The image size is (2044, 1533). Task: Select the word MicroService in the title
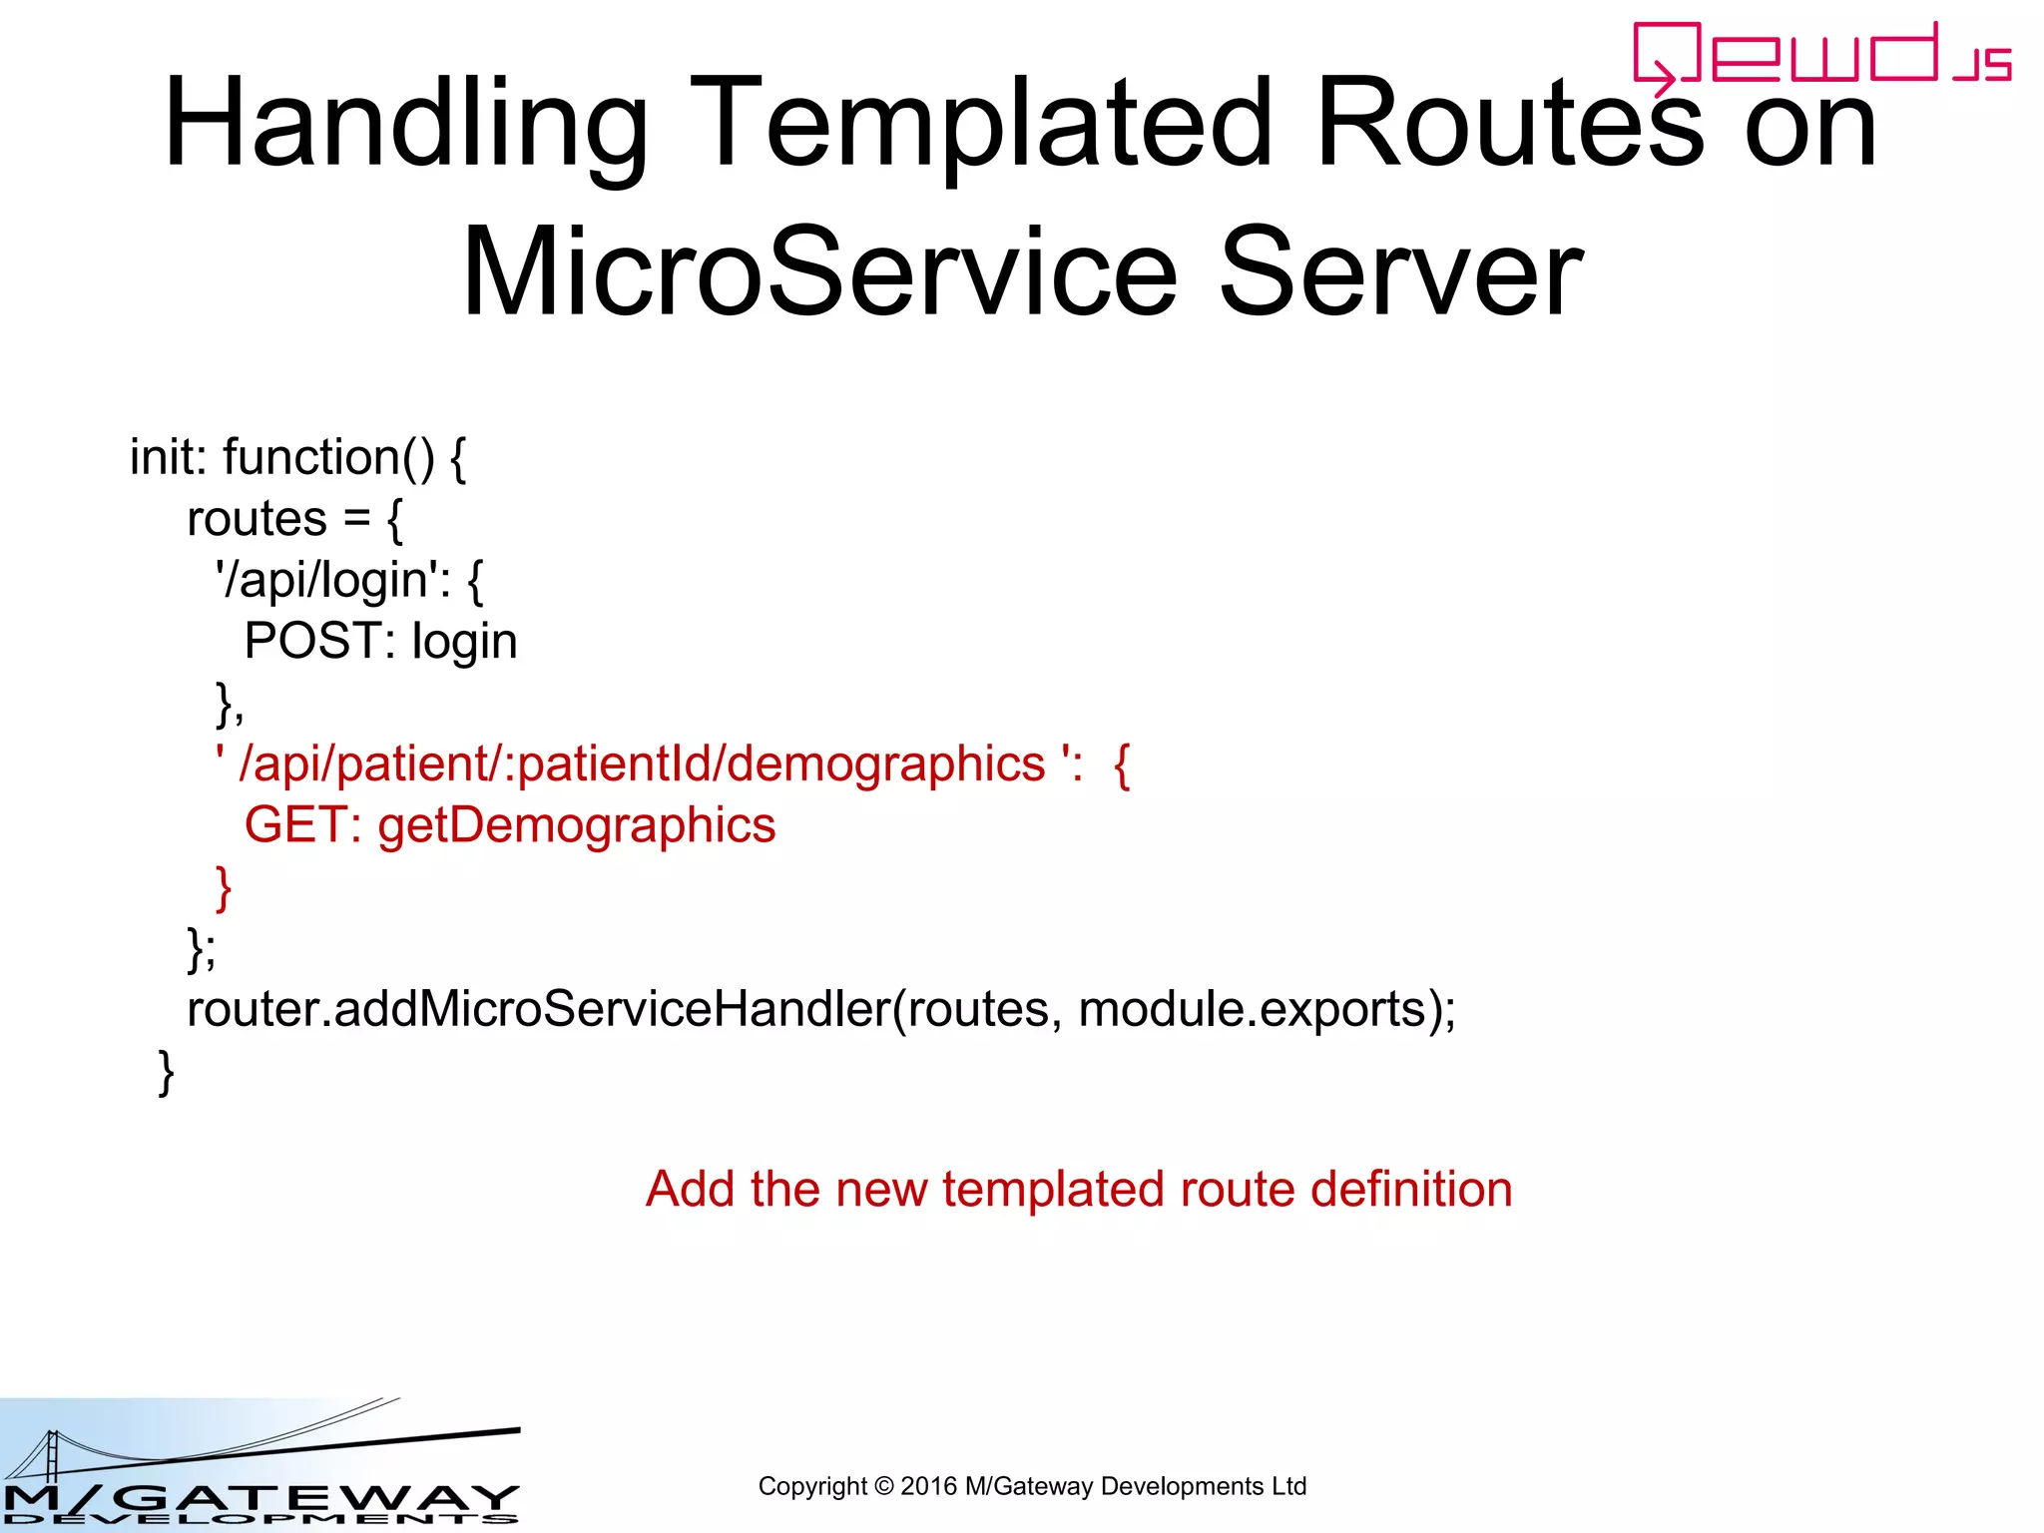coord(818,272)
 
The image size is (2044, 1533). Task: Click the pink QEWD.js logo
coord(1820,56)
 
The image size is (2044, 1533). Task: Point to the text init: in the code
coord(168,457)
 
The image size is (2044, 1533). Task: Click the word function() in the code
coord(328,457)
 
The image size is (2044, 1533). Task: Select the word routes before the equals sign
coord(256,519)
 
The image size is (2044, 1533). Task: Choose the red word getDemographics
coord(576,826)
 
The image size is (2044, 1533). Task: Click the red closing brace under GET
coord(224,887)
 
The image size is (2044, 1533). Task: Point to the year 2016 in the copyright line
coord(928,1486)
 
